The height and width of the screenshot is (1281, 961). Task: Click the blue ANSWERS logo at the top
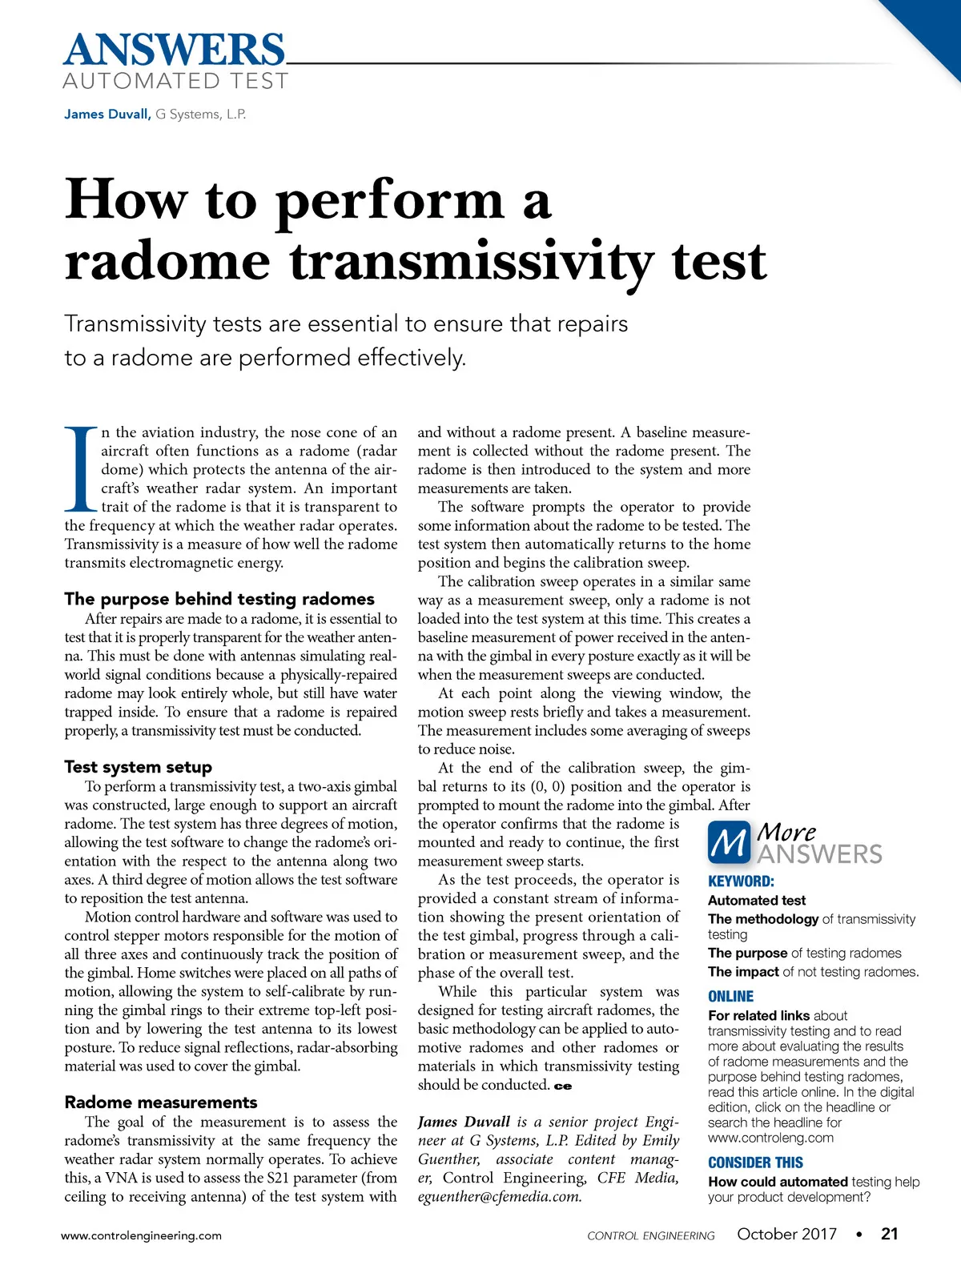tap(174, 50)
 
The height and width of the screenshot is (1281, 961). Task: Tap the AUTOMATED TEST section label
tap(175, 81)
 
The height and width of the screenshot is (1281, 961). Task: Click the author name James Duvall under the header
tap(107, 114)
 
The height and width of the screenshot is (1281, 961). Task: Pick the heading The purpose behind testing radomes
tap(219, 599)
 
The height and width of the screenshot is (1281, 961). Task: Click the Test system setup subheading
tap(138, 767)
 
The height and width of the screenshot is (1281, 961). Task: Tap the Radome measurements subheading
tap(161, 1102)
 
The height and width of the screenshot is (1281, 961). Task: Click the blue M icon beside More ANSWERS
tap(729, 842)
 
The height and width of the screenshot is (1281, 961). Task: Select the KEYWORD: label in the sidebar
tap(741, 881)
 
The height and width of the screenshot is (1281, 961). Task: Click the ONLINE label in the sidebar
tap(730, 997)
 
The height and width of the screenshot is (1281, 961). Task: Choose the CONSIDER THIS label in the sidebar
tap(755, 1163)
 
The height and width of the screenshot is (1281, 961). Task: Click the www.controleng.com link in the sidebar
tap(770, 1138)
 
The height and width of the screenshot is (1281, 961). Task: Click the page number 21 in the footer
tap(889, 1234)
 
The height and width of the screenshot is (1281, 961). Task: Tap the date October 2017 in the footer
tap(786, 1234)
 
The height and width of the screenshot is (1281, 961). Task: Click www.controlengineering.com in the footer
tap(142, 1235)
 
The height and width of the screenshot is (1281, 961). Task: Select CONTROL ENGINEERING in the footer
tap(650, 1236)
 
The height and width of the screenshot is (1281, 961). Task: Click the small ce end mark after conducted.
tap(563, 1086)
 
